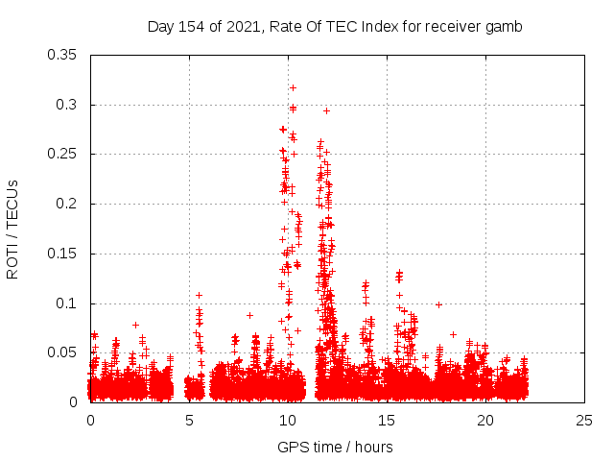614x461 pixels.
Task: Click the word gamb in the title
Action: point(506,27)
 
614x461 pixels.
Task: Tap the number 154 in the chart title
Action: point(187,27)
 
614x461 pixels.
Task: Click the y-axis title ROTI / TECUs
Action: point(12,229)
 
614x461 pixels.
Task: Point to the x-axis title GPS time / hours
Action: point(335,447)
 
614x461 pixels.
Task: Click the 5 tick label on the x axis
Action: point(190,420)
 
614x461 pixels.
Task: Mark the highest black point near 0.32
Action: point(293,87)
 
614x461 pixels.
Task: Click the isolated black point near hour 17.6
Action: point(438,304)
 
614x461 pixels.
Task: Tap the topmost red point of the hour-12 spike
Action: point(326,110)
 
